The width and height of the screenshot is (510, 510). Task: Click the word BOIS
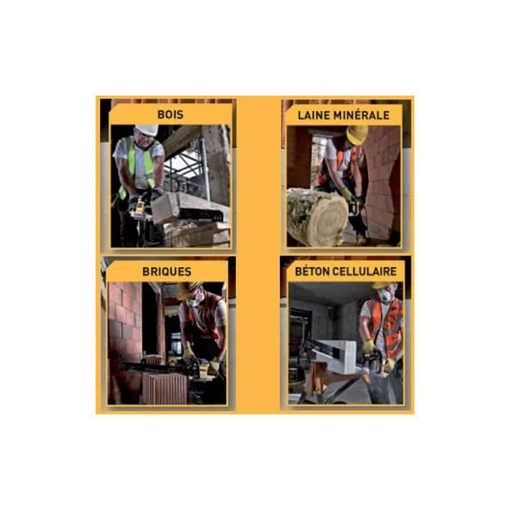(x=170, y=115)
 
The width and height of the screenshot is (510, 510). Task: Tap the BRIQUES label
(x=167, y=272)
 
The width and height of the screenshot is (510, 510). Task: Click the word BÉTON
(x=312, y=272)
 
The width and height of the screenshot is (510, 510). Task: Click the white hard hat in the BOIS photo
(x=147, y=130)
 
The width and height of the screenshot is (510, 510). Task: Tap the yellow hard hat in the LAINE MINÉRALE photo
(x=356, y=134)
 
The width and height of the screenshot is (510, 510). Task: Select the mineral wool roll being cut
(x=317, y=217)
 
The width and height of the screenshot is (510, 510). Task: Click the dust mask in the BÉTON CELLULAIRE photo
(x=385, y=296)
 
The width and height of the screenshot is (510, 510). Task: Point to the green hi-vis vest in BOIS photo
(x=140, y=163)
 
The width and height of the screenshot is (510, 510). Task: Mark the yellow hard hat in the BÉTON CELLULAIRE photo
(x=381, y=284)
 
